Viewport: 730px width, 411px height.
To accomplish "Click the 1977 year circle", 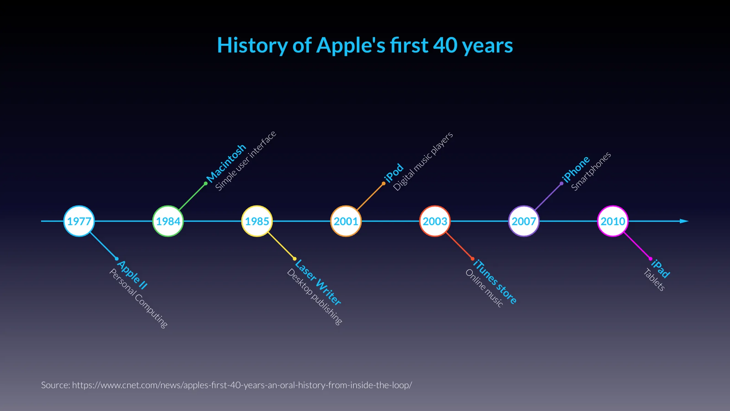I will click(79, 221).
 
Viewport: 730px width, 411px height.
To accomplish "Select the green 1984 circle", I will click(168, 221).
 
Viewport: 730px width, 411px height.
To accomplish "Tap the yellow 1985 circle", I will click(257, 221).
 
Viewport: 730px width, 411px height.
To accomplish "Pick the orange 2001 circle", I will click(346, 221).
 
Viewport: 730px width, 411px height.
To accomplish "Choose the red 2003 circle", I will click(435, 221).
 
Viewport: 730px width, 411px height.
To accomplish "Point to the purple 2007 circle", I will click(524, 221).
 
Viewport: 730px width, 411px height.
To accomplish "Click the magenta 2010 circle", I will click(613, 221).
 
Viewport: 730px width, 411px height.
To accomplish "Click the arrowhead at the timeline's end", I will click(684, 221).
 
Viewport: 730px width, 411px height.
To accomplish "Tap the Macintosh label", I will click(226, 163).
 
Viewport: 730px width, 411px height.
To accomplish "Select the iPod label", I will click(394, 173).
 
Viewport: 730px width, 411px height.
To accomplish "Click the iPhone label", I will click(576, 169).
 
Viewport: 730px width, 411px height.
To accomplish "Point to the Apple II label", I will click(132, 275).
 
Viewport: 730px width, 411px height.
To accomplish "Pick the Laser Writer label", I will click(318, 282).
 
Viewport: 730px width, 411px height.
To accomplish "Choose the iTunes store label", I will click(495, 282).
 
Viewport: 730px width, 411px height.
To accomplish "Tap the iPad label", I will click(660, 269).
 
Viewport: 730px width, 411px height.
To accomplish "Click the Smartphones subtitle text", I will click(591, 171).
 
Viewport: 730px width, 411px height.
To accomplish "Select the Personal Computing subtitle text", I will click(138, 298).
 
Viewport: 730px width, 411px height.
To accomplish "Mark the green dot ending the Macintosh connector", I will click(206, 184).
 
